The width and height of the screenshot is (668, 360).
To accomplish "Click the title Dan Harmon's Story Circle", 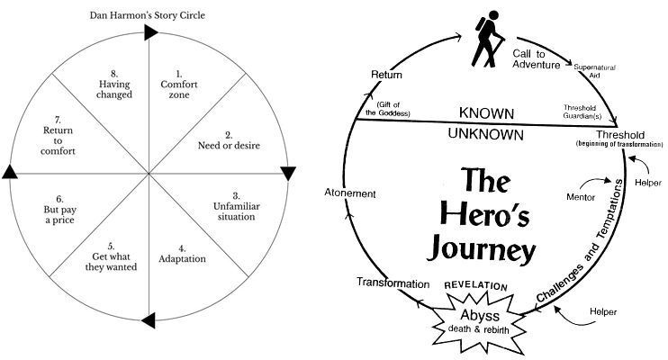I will [x=146, y=14].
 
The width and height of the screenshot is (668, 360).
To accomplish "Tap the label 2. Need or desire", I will [x=228, y=142].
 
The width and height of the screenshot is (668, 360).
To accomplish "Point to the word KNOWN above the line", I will [x=487, y=114].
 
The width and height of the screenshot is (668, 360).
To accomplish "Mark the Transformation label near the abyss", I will [x=393, y=283].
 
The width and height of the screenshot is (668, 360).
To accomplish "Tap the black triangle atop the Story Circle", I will [x=150, y=32].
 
